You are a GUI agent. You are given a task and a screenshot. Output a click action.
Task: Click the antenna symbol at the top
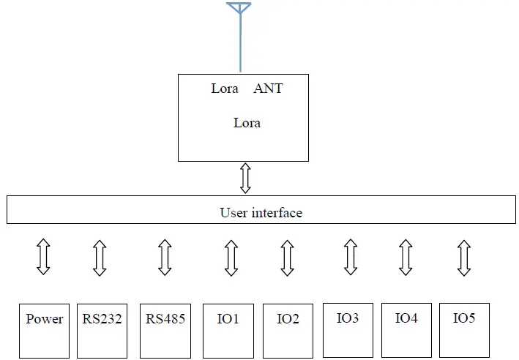pyautogui.click(x=239, y=8)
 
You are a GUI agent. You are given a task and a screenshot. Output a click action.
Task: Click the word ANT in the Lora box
pyautogui.click(x=268, y=89)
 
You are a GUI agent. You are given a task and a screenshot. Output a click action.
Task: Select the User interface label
pyautogui.click(x=261, y=213)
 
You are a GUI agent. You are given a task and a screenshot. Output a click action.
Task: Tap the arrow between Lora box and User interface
pyautogui.click(x=245, y=178)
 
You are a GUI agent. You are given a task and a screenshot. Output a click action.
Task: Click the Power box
pyautogui.click(x=44, y=331)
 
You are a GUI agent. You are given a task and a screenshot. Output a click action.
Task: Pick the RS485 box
pyautogui.click(x=165, y=331)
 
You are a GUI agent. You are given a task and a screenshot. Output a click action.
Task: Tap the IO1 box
pyautogui.click(x=228, y=331)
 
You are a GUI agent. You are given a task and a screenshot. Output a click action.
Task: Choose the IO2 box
pyautogui.click(x=288, y=331)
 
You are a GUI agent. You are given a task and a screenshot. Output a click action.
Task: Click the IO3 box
pyautogui.click(x=348, y=331)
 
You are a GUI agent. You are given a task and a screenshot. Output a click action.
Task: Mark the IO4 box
pyautogui.click(x=406, y=331)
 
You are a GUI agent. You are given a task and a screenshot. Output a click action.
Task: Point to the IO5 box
pyautogui.click(x=464, y=331)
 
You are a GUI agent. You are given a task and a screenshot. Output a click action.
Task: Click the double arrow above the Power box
pyautogui.click(x=43, y=257)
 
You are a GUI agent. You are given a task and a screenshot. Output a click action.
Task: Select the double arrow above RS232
pyautogui.click(x=100, y=258)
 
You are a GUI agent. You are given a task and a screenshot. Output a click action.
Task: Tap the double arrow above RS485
pyautogui.click(x=165, y=258)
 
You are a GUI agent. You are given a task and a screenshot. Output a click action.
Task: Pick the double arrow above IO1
pyautogui.click(x=231, y=258)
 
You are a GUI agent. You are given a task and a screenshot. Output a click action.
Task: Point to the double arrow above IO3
pyautogui.click(x=351, y=258)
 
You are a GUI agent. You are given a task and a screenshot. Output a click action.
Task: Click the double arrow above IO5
pyautogui.click(x=463, y=258)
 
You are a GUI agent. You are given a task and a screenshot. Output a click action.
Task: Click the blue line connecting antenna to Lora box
pyautogui.click(x=239, y=44)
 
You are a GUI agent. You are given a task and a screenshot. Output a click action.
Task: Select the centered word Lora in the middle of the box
pyautogui.click(x=247, y=123)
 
